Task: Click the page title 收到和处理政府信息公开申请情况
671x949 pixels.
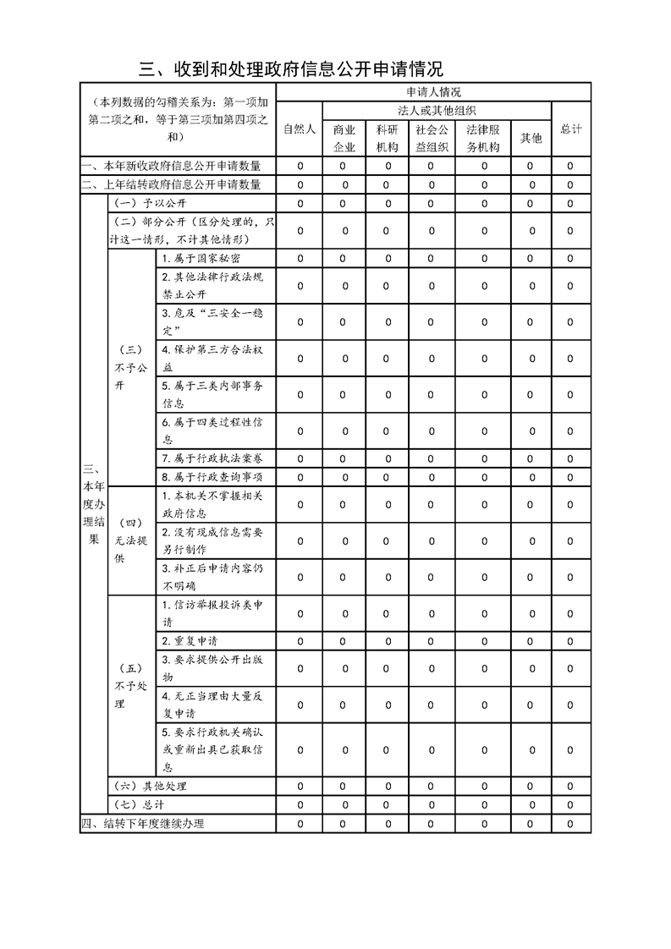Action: click(291, 69)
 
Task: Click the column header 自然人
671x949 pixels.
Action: click(300, 129)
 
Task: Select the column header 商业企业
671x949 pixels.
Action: click(344, 138)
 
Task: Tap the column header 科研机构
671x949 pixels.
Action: click(388, 138)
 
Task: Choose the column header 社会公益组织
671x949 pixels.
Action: click(432, 138)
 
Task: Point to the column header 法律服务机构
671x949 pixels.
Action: click(484, 138)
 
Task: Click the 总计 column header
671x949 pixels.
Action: click(571, 129)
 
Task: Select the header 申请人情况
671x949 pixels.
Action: click(433, 91)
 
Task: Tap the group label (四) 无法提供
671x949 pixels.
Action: click(130, 541)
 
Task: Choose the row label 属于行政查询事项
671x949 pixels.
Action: click(206, 478)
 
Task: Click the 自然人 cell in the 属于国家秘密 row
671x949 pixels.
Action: click(300, 259)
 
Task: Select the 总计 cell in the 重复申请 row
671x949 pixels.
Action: click(571, 641)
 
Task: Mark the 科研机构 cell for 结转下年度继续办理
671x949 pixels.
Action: click(388, 824)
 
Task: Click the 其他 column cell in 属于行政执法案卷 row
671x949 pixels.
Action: click(531, 458)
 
